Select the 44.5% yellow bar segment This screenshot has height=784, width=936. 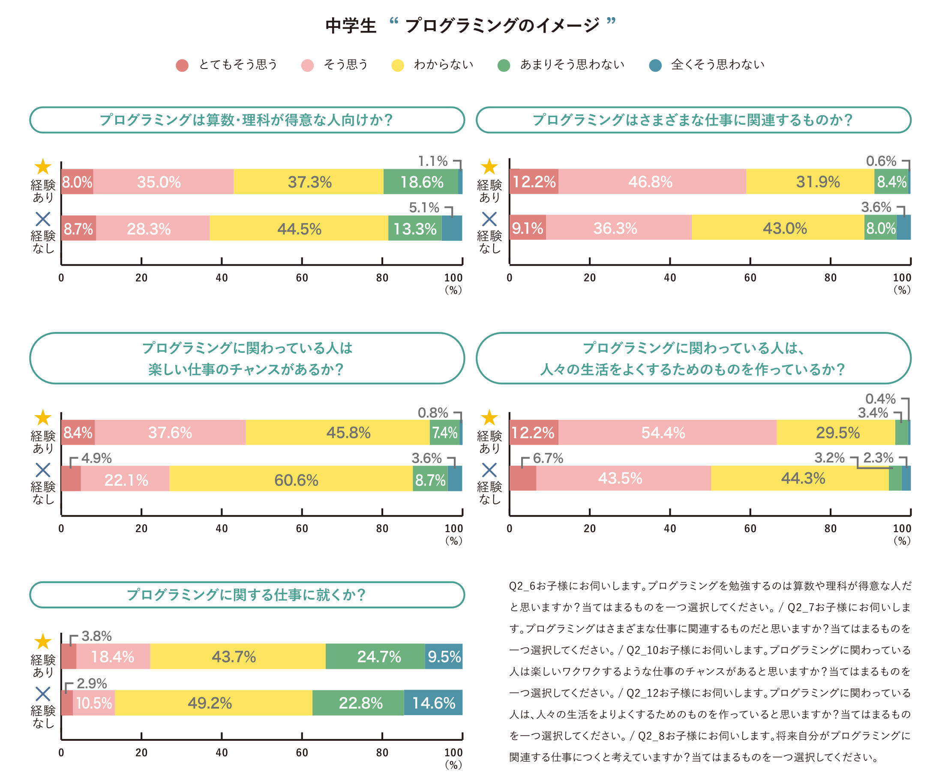(299, 228)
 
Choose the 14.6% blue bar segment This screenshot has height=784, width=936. (433, 703)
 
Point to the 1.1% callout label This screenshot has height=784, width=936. (432, 161)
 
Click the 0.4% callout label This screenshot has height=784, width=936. (880, 399)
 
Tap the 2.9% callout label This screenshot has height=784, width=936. (91, 683)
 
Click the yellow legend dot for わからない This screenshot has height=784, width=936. (397, 66)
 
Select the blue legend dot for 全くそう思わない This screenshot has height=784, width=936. (655, 66)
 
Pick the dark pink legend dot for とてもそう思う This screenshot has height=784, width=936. (182, 66)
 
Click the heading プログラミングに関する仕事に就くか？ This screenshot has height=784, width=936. (246, 595)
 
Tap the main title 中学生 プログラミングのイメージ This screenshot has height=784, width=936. (470, 25)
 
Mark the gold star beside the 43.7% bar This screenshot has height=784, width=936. (43, 641)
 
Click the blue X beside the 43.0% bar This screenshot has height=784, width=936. (489, 219)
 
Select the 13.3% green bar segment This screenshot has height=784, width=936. (415, 228)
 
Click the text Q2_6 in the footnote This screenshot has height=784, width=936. (522, 586)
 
